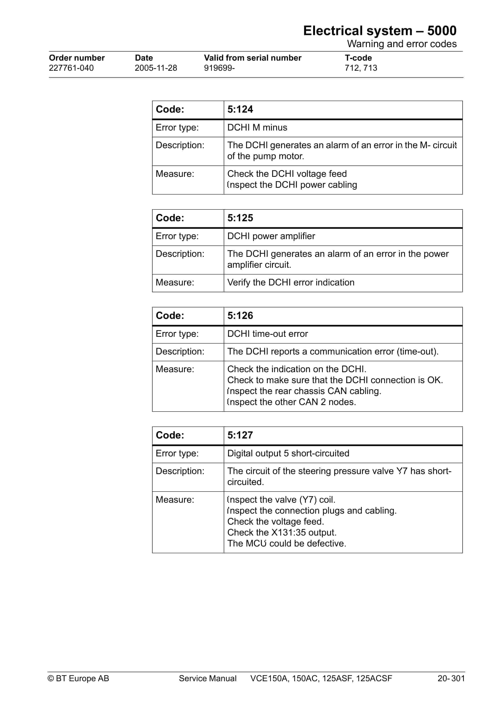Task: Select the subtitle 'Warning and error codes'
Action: click(402, 44)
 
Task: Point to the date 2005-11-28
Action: click(156, 68)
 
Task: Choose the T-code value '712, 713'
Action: click(361, 68)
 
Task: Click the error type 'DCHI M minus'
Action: click(257, 128)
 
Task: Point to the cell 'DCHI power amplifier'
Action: click(271, 236)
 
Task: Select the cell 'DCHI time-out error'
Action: click(268, 334)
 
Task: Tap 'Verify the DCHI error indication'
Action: click(291, 283)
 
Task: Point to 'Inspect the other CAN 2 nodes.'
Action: click(291, 402)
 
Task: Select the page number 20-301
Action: click(451, 678)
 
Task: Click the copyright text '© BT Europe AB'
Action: click(78, 678)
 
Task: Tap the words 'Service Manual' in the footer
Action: click(208, 678)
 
